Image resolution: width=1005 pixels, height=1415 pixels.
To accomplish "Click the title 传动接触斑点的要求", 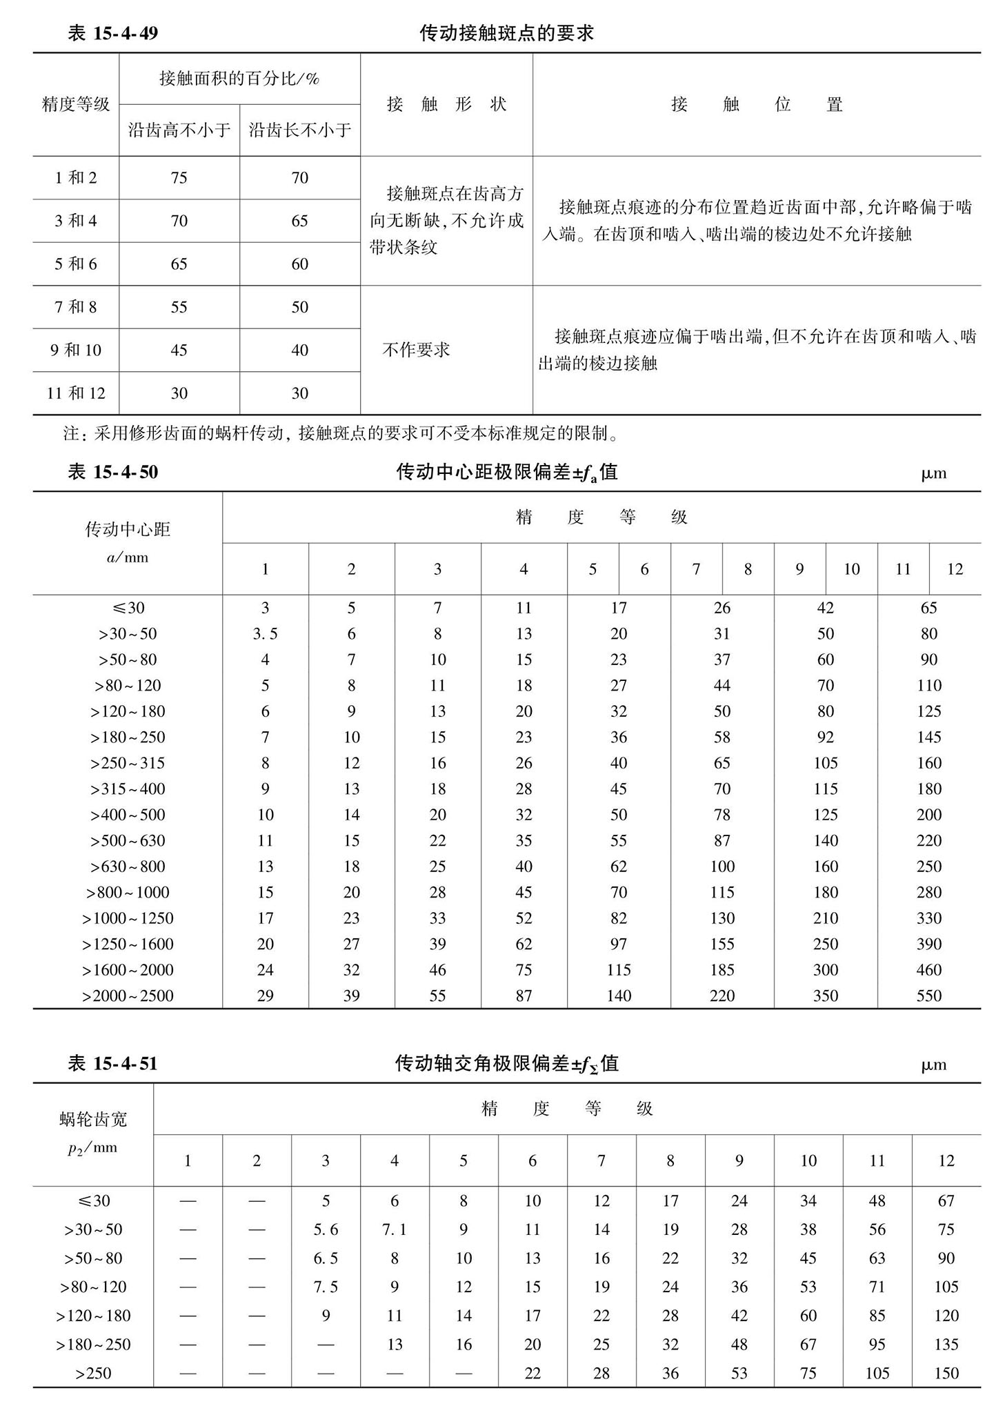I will click(x=506, y=33).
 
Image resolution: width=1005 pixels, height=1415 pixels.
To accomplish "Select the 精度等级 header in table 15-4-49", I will click(x=76, y=104).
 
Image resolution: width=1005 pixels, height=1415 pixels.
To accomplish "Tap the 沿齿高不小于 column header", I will click(x=179, y=130).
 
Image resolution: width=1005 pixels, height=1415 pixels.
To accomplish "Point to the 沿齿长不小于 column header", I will click(x=299, y=130).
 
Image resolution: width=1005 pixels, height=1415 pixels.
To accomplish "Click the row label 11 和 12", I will click(x=76, y=393).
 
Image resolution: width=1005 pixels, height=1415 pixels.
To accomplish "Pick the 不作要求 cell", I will click(x=416, y=350).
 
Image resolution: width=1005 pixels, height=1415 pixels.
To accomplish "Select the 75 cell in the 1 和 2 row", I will click(x=179, y=178).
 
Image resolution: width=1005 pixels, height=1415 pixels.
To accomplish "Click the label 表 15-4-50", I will click(x=113, y=472).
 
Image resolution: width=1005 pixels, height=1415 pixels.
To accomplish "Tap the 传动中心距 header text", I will click(x=128, y=529).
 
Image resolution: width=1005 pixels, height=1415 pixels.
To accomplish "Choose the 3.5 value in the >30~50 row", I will click(x=265, y=634).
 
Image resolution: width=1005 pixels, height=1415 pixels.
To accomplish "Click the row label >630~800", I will click(x=128, y=867).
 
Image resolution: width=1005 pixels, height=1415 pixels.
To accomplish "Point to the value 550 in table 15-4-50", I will click(x=928, y=996).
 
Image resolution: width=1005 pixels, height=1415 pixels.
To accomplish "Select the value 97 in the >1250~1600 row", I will click(x=618, y=944).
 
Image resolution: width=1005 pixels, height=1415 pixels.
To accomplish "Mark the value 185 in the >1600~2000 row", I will click(x=722, y=970).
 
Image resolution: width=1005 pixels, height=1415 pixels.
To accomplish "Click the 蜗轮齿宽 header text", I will click(x=93, y=1119).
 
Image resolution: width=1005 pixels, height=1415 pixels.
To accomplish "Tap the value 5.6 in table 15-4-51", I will click(x=326, y=1229).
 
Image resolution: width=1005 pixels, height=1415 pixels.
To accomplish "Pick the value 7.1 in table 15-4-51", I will click(x=395, y=1229).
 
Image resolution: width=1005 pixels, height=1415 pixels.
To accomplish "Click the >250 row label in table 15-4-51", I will click(x=93, y=1373).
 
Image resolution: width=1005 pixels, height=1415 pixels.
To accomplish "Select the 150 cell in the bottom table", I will click(x=946, y=1373).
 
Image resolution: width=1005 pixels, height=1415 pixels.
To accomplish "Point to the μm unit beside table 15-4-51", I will click(x=933, y=1065).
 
